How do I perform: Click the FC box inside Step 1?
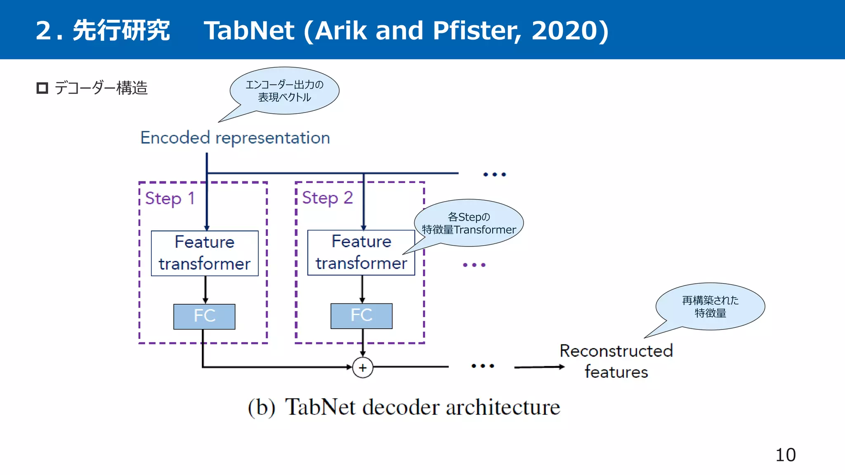click(204, 316)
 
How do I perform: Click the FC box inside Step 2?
click(361, 316)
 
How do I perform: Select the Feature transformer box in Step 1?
click(205, 253)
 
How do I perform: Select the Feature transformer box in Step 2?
click(361, 252)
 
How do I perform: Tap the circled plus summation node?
click(363, 367)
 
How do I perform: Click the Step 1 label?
click(170, 198)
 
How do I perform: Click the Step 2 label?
click(327, 198)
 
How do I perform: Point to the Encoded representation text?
click(235, 138)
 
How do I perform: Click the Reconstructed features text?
click(616, 361)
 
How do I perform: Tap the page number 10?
click(785, 455)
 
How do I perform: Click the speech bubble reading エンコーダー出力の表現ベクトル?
click(285, 91)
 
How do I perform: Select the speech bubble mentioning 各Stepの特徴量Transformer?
click(469, 223)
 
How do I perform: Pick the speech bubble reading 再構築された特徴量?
click(710, 306)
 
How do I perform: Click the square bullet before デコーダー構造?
click(42, 88)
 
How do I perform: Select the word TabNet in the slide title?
click(249, 31)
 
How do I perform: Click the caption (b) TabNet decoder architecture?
click(404, 407)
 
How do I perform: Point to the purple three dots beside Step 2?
click(474, 265)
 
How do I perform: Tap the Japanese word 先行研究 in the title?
click(121, 31)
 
